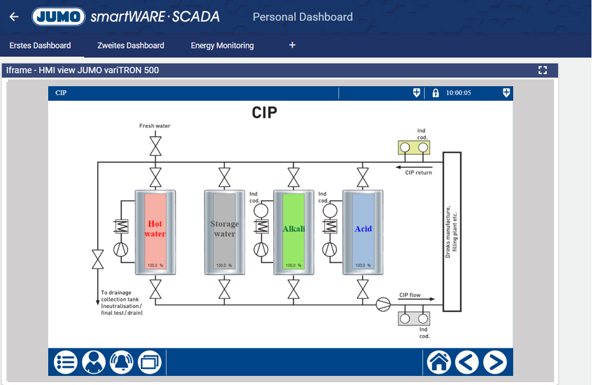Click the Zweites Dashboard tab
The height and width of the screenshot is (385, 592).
coord(130,45)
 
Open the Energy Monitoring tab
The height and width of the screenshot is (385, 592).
coord(222,45)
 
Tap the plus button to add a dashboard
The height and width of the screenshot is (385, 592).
coord(293,45)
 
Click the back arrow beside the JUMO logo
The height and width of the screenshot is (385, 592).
coord(14,17)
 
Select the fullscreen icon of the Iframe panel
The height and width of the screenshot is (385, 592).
coord(543,70)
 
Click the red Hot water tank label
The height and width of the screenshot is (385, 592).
coord(155,229)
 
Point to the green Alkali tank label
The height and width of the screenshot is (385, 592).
coord(294,229)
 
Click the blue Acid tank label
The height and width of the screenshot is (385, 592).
coord(363,229)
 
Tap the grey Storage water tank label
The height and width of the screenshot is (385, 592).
coord(225,229)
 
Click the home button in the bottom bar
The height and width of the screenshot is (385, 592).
coord(439,362)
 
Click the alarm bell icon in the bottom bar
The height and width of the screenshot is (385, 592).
coord(121,362)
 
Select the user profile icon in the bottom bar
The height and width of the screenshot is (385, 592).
coord(94,362)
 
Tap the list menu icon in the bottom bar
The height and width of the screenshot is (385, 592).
coord(66,362)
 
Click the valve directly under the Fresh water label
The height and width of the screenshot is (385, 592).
coord(155,146)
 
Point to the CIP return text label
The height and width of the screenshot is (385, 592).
coord(418,172)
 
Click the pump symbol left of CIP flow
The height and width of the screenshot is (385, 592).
coord(383,304)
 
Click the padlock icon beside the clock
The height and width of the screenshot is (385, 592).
coord(435,93)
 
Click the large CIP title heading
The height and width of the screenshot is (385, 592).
coord(264,112)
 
